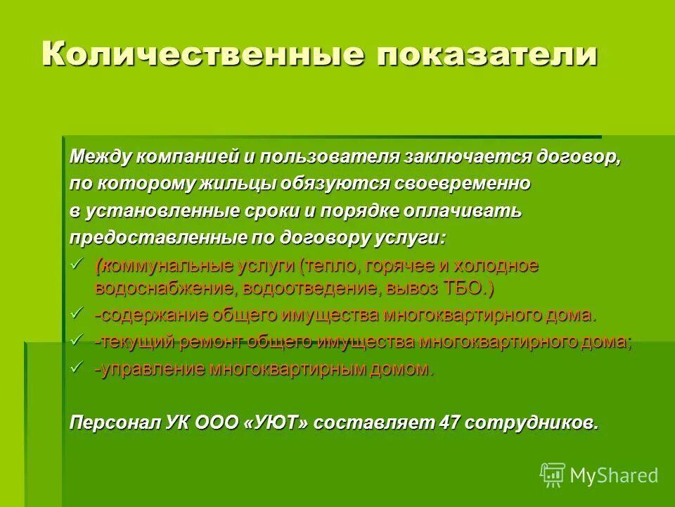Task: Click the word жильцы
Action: pos(243,183)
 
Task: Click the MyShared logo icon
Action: pos(553,474)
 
